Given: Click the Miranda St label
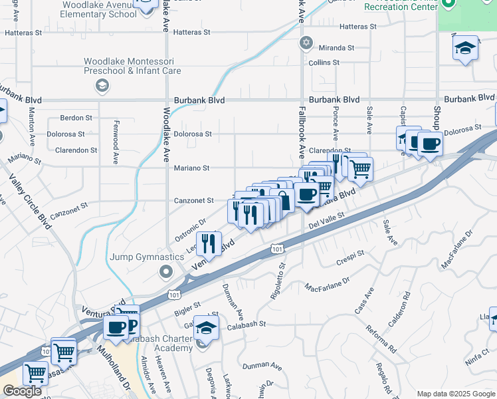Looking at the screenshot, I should point(337,48).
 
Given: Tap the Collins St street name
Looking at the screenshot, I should point(324,63).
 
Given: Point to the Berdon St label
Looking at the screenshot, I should point(76,118).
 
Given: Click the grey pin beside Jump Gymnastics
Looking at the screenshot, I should point(165,271).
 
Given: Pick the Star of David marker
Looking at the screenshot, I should point(306,43).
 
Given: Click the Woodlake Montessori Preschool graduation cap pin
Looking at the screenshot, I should point(102,85).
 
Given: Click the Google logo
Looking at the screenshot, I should point(22,391).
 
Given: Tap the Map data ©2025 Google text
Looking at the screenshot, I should point(455,393).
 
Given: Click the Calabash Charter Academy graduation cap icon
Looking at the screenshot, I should point(207,327).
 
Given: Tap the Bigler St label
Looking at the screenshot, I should point(187,305).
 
